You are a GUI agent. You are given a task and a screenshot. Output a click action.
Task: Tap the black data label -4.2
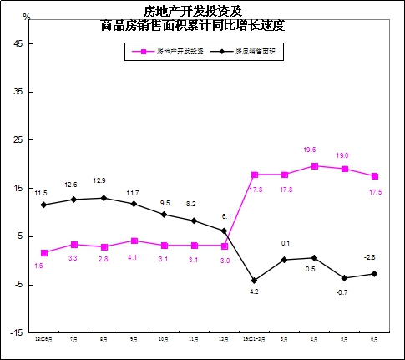(254, 292)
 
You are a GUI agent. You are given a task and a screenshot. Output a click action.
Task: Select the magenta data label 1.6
(38, 266)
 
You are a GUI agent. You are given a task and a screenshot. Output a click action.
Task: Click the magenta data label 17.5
(375, 192)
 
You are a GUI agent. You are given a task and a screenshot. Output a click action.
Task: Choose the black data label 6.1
(224, 216)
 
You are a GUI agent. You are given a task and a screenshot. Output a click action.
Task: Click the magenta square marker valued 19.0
(344, 169)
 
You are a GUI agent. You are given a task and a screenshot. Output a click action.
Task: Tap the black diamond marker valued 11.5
(43, 205)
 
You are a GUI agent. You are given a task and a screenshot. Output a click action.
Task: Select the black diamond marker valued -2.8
(374, 274)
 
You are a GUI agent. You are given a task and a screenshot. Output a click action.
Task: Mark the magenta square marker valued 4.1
(134, 241)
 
